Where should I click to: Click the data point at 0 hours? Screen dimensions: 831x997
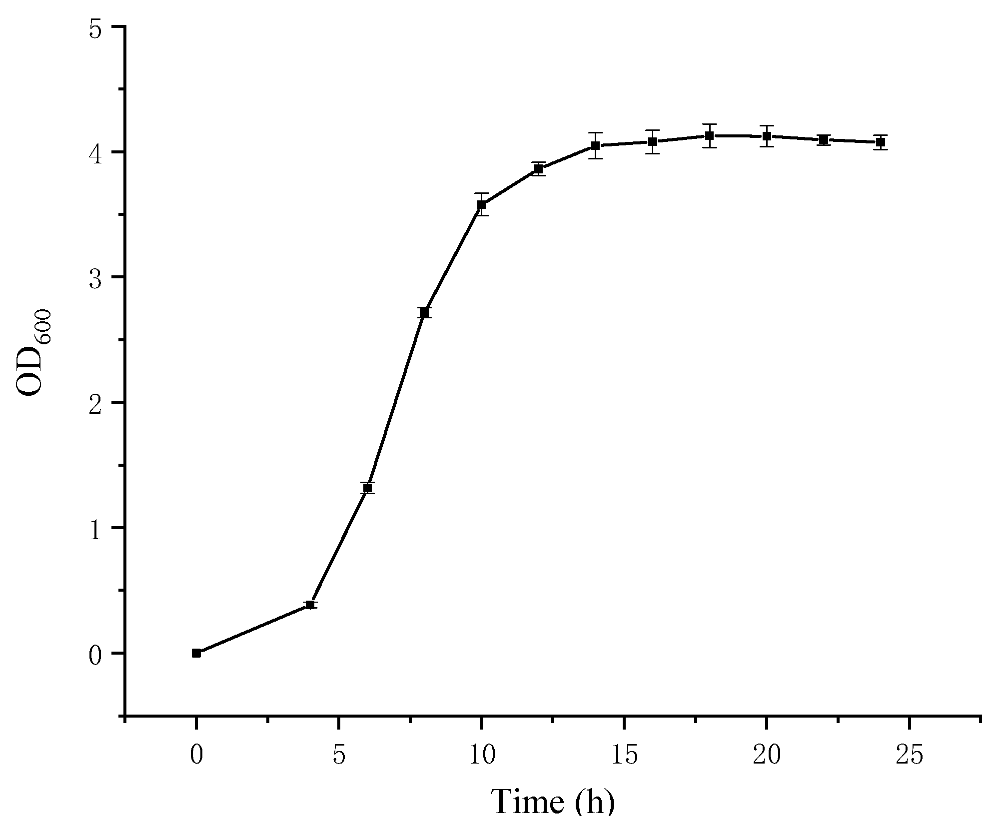196,653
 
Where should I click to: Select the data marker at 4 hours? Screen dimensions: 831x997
310,605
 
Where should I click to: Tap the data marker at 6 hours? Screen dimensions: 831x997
368,488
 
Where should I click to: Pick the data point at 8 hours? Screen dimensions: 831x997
425,313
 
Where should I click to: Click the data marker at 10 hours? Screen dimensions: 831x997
482,204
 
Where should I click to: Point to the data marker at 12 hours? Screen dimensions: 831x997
538,169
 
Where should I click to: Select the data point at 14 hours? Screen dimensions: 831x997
595,146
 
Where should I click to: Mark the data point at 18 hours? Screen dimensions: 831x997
709,136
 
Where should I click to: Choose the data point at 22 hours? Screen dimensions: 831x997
824,140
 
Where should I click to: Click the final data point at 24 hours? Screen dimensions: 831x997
881,142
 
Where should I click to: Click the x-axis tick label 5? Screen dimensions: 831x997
339,756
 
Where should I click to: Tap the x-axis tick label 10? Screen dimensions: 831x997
482,756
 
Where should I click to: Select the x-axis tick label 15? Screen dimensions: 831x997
624,756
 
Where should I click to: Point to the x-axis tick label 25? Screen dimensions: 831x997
909,756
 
